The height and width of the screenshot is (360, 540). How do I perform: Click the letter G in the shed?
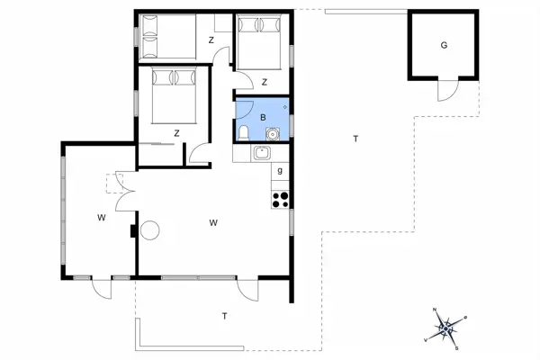pos(444,46)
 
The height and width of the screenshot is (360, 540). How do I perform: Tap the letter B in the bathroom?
pos(263,117)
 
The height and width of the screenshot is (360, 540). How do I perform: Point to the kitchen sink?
pos(262,153)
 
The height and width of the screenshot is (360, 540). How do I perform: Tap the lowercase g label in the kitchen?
pos(281,171)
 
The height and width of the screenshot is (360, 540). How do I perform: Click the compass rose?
pos(446,328)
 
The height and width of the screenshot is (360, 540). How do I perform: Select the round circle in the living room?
pos(148,230)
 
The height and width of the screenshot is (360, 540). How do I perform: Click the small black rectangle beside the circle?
pos(134,231)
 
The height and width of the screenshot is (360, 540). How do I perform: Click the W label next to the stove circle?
pos(213,221)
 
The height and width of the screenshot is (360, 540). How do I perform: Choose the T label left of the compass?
pos(224,315)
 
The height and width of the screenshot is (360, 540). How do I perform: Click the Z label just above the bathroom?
pos(265,83)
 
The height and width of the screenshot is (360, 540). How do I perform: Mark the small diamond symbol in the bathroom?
pos(285,106)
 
